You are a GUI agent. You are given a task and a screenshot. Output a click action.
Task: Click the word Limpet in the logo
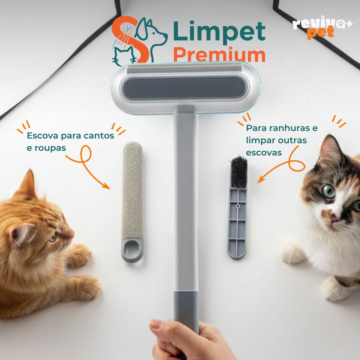pyautogui.click(x=219, y=32)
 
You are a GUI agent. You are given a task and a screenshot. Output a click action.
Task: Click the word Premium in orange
pyautogui.click(x=219, y=55)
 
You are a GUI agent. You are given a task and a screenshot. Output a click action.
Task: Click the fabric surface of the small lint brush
pyautogui.click(x=132, y=189)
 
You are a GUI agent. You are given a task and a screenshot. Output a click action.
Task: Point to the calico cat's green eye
pyautogui.click(x=328, y=191)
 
